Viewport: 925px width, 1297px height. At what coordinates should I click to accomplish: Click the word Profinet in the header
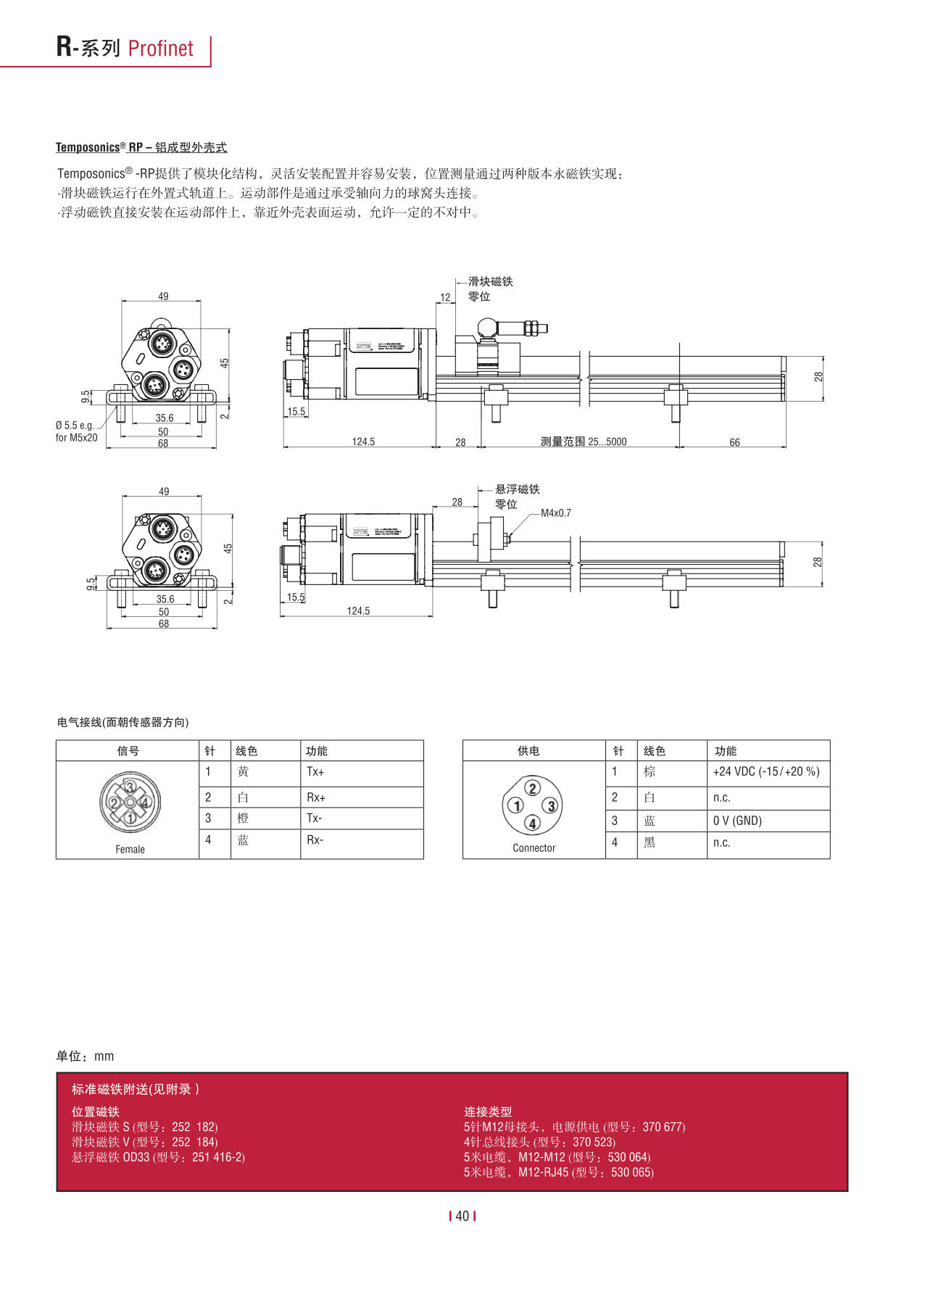click(x=160, y=49)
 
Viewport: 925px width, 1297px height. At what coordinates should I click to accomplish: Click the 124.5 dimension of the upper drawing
click(x=363, y=442)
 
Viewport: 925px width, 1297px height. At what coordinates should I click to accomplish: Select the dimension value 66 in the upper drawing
click(x=734, y=442)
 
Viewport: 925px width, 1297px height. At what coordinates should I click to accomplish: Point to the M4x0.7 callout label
click(x=556, y=513)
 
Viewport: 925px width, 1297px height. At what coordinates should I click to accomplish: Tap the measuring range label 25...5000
click(x=584, y=442)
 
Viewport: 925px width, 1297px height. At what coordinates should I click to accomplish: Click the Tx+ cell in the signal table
click(x=315, y=772)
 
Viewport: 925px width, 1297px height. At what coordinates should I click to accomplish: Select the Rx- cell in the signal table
click(x=315, y=840)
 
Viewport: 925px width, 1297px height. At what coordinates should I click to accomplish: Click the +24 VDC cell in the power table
click(x=766, y=772)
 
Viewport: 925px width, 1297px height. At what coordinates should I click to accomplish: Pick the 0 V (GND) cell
click(x=737, y=821)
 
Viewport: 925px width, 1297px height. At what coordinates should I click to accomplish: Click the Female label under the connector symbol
click(x=130, y=850)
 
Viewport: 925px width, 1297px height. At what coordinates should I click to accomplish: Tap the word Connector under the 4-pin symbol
click(x=534, y=848)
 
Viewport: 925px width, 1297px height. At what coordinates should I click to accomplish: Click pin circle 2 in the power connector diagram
click(x=533, y=788)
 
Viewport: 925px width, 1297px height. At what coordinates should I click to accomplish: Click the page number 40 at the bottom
click(x=462, y=1217)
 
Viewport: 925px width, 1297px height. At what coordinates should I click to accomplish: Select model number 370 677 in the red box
click(x=663, y=1127)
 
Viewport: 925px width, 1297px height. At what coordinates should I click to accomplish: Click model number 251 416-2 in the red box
click(x=218, y=1158)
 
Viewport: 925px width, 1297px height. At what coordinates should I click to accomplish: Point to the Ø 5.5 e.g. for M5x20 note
click(x=75, y=431)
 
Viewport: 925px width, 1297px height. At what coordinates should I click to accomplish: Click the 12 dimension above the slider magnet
click(x=445, y=297)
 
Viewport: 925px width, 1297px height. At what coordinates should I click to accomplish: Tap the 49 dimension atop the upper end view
click(x=163, y=297)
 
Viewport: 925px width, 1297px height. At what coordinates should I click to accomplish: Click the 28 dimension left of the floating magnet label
click(x=457, y=502)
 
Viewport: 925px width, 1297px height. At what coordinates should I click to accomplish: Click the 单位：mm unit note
click(x=85, y=1056)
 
